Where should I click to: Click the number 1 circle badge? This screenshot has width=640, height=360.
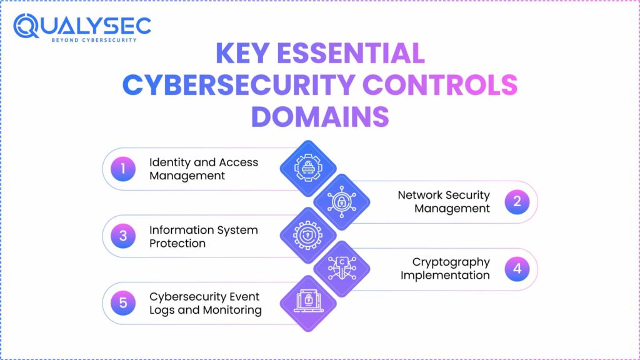coord(123,169)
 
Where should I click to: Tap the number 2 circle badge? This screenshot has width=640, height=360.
coord(517,202)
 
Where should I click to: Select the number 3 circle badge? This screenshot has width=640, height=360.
coord(123,236)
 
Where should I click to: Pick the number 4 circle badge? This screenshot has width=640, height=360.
coord(517,269)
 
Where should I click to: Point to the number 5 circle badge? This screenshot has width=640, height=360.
coord(123,303)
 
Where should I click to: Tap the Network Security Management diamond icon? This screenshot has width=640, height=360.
coord(341,202)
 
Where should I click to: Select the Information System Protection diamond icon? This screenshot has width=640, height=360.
coord(307,236)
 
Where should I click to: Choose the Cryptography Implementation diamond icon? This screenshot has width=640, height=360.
coord(341,269)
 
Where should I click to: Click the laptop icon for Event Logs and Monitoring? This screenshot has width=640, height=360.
coord(307,303)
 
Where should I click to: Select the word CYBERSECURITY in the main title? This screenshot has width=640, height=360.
coord(239,86)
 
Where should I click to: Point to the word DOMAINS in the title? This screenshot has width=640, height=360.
coord(320,117)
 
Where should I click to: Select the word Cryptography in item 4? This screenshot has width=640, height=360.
coord(451,262)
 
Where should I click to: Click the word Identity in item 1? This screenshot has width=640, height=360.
coord(169,162)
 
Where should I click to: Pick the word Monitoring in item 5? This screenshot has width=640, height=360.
coord(231,310)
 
